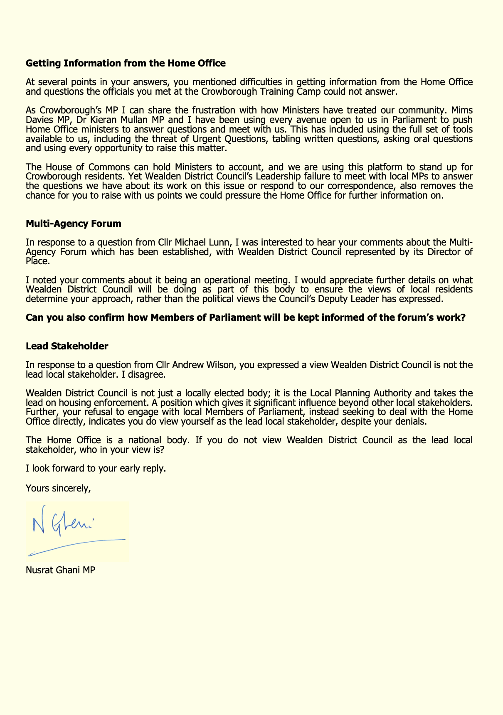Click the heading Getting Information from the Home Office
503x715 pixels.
click(x=126, y=64)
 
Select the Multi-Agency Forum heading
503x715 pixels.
click(x=73, y=224)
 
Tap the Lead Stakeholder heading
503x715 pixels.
click(x=67, y=346)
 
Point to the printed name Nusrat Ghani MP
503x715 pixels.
click(x=60, y=570)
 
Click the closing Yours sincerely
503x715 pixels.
click(x=58, y=488)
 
